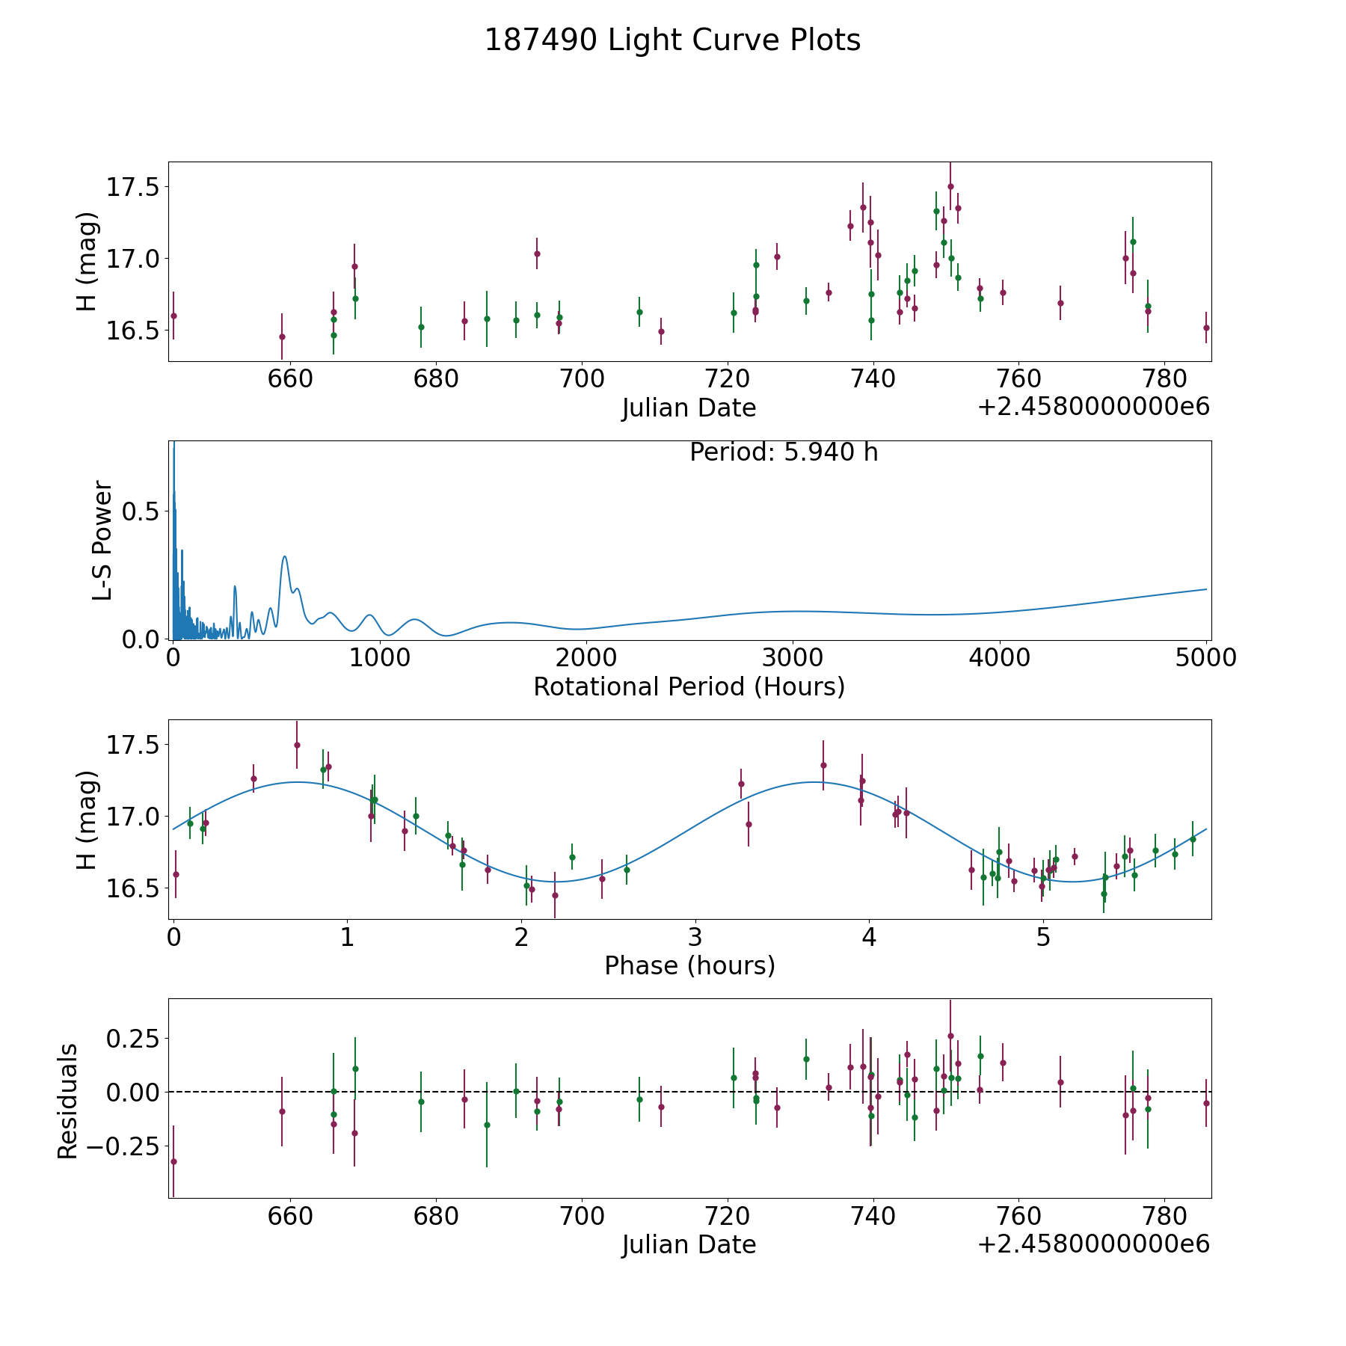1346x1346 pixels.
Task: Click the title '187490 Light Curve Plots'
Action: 672,40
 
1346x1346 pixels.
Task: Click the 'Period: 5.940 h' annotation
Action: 783,452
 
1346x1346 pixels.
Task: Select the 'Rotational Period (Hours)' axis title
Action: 689,686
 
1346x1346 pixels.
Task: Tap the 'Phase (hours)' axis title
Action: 689,965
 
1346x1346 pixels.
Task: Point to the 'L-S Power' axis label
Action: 102,540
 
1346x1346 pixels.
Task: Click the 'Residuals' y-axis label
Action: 68,1101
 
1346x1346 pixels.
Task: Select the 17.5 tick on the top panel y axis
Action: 132,187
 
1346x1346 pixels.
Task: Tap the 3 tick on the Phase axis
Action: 695,937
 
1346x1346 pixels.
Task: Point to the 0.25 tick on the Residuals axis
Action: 132,1039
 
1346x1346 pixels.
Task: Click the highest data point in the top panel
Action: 950,187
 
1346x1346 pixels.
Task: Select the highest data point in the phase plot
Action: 297,745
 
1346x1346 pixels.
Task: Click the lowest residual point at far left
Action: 173,1161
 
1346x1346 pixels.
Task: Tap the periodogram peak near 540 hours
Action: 284,557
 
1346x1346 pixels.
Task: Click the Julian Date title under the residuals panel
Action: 689,1244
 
